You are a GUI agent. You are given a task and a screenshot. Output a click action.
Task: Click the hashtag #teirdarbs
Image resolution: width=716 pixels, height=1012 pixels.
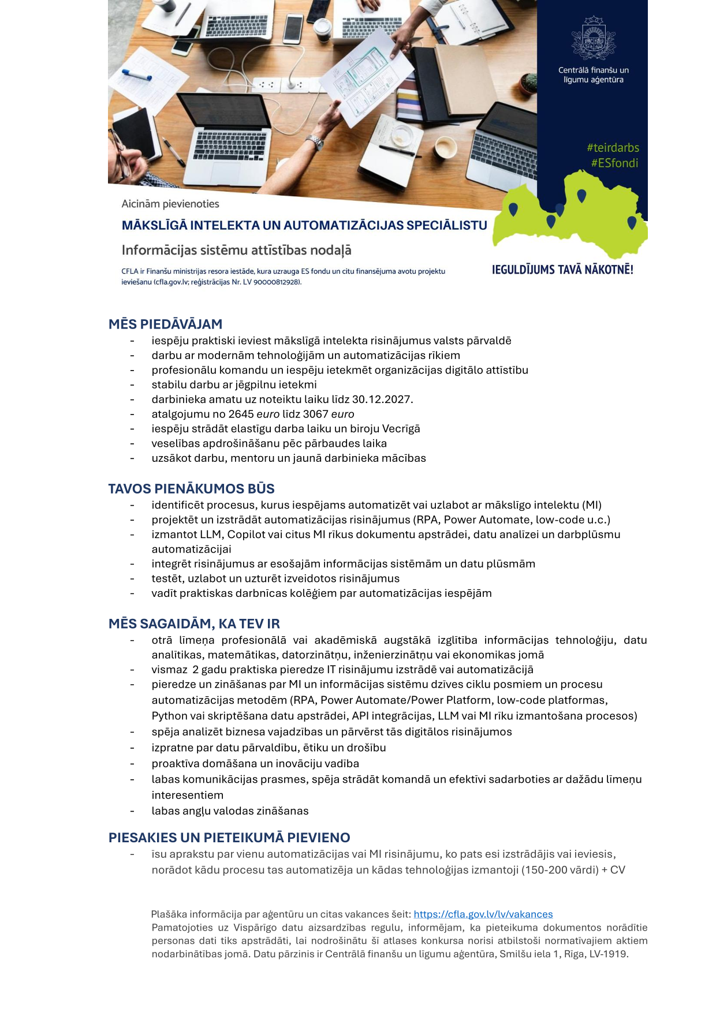[613, 148]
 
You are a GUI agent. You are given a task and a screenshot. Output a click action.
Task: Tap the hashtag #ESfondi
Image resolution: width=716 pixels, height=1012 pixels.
[614, 163]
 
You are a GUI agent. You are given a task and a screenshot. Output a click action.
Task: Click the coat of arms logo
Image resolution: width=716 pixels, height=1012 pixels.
[593, 38]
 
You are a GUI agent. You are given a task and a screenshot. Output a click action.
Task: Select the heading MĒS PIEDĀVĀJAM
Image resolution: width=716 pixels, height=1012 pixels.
[165, 324]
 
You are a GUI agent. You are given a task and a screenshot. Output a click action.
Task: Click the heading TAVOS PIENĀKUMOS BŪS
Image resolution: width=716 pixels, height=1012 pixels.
[191, 489]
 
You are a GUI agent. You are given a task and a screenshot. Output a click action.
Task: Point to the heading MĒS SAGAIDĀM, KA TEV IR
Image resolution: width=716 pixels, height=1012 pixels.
[194, 624]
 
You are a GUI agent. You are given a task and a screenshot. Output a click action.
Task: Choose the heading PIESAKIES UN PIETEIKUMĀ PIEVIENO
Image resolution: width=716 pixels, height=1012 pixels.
[229, 838]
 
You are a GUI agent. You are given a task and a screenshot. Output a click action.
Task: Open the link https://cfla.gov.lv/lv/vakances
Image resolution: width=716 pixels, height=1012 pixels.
[483, 914]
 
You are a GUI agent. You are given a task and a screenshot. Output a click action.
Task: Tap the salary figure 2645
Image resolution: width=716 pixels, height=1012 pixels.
[241, 414]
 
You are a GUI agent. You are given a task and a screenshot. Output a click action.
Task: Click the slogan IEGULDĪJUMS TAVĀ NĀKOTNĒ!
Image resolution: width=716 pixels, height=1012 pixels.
[562, 270]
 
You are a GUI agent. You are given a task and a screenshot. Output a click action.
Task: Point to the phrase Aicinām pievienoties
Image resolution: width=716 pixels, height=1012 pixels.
[170, 204]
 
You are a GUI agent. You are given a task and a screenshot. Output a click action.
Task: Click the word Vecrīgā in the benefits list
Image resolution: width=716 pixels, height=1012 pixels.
[401, 429]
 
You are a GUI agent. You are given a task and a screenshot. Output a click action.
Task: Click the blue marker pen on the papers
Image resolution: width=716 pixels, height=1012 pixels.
[136, 75]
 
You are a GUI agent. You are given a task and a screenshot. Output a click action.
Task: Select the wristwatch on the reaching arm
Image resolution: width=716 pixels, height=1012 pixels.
[315, 142]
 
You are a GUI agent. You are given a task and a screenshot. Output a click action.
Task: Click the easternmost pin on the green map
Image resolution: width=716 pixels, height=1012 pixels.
[632, 222]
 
